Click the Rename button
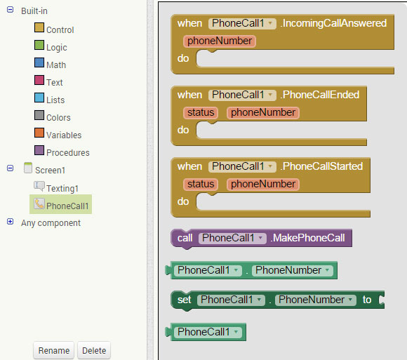(54, 350)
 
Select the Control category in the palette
(60, 30)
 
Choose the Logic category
(57, 48)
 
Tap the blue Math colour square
(39, 62)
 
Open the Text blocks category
(55, 83)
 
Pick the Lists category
(55, 100)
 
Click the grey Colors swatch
(39, 115)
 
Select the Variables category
(64, 135)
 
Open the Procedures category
(68, 152)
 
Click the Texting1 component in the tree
(62, 188)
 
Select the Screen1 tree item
(50, 171)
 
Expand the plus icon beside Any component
(10, 221)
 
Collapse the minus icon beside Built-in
(10, 10)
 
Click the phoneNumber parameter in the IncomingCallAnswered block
(220, 41)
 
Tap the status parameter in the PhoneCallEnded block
(201, 113)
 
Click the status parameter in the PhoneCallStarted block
(201, 185)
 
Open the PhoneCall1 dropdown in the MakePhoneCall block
(232, 238)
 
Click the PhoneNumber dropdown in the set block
(315, 300)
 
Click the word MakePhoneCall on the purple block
(309, 238)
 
